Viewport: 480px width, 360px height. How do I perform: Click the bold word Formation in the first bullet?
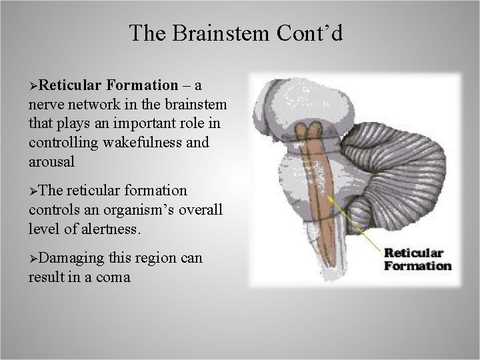point(141,86)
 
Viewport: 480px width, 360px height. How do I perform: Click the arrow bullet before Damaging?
point(34,258)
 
